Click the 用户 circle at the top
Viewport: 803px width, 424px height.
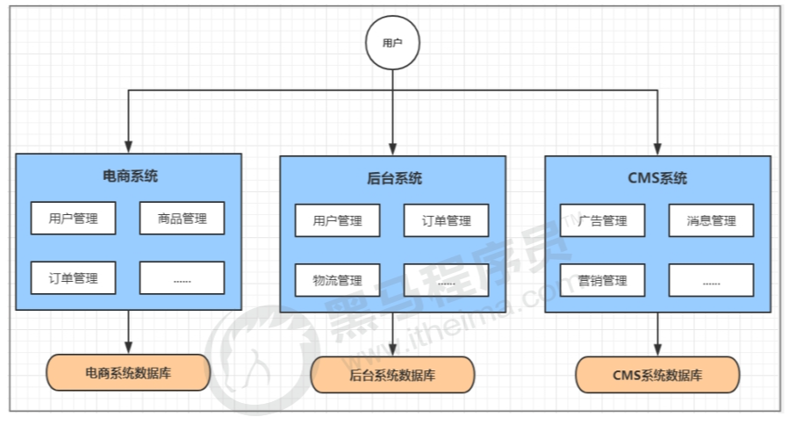392,42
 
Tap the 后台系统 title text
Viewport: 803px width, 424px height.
394,178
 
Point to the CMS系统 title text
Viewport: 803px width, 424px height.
657,178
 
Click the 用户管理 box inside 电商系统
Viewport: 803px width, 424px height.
74,218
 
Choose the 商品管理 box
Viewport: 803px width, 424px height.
182,218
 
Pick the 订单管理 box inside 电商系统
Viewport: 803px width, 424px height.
74,277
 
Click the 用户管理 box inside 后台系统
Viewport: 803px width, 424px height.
337,220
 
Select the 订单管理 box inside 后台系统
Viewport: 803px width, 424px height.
446,220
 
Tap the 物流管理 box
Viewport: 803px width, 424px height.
337,280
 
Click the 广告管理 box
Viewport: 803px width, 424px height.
603,220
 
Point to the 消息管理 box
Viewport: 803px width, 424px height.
711,220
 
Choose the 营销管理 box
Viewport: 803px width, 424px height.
603,280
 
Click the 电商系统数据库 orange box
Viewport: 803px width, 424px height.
128,372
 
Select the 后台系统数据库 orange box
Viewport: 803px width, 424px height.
392,375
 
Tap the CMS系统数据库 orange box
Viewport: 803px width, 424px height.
657,375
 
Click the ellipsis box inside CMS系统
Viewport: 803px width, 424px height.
711,280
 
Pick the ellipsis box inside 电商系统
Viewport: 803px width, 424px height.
182,277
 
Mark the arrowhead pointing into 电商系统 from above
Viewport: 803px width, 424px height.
129,147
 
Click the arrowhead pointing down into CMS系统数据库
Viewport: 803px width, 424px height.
658,349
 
